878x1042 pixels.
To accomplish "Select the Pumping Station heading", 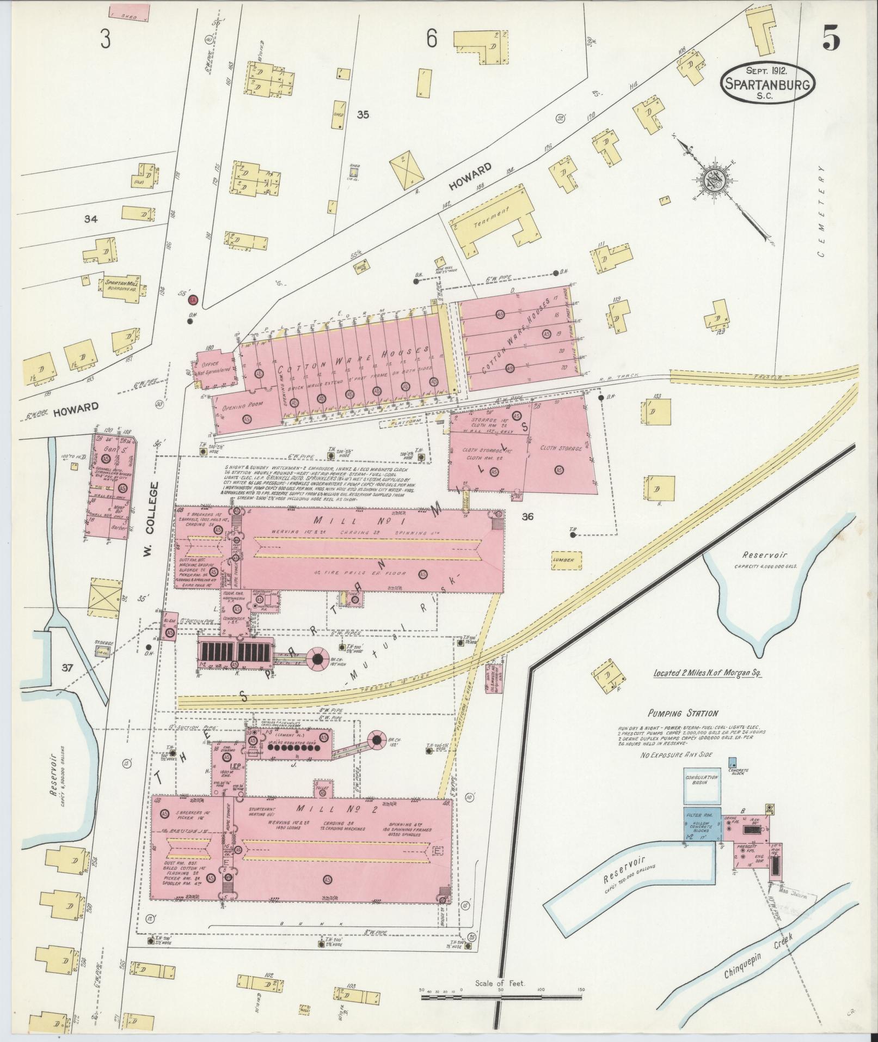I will (683, 712).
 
